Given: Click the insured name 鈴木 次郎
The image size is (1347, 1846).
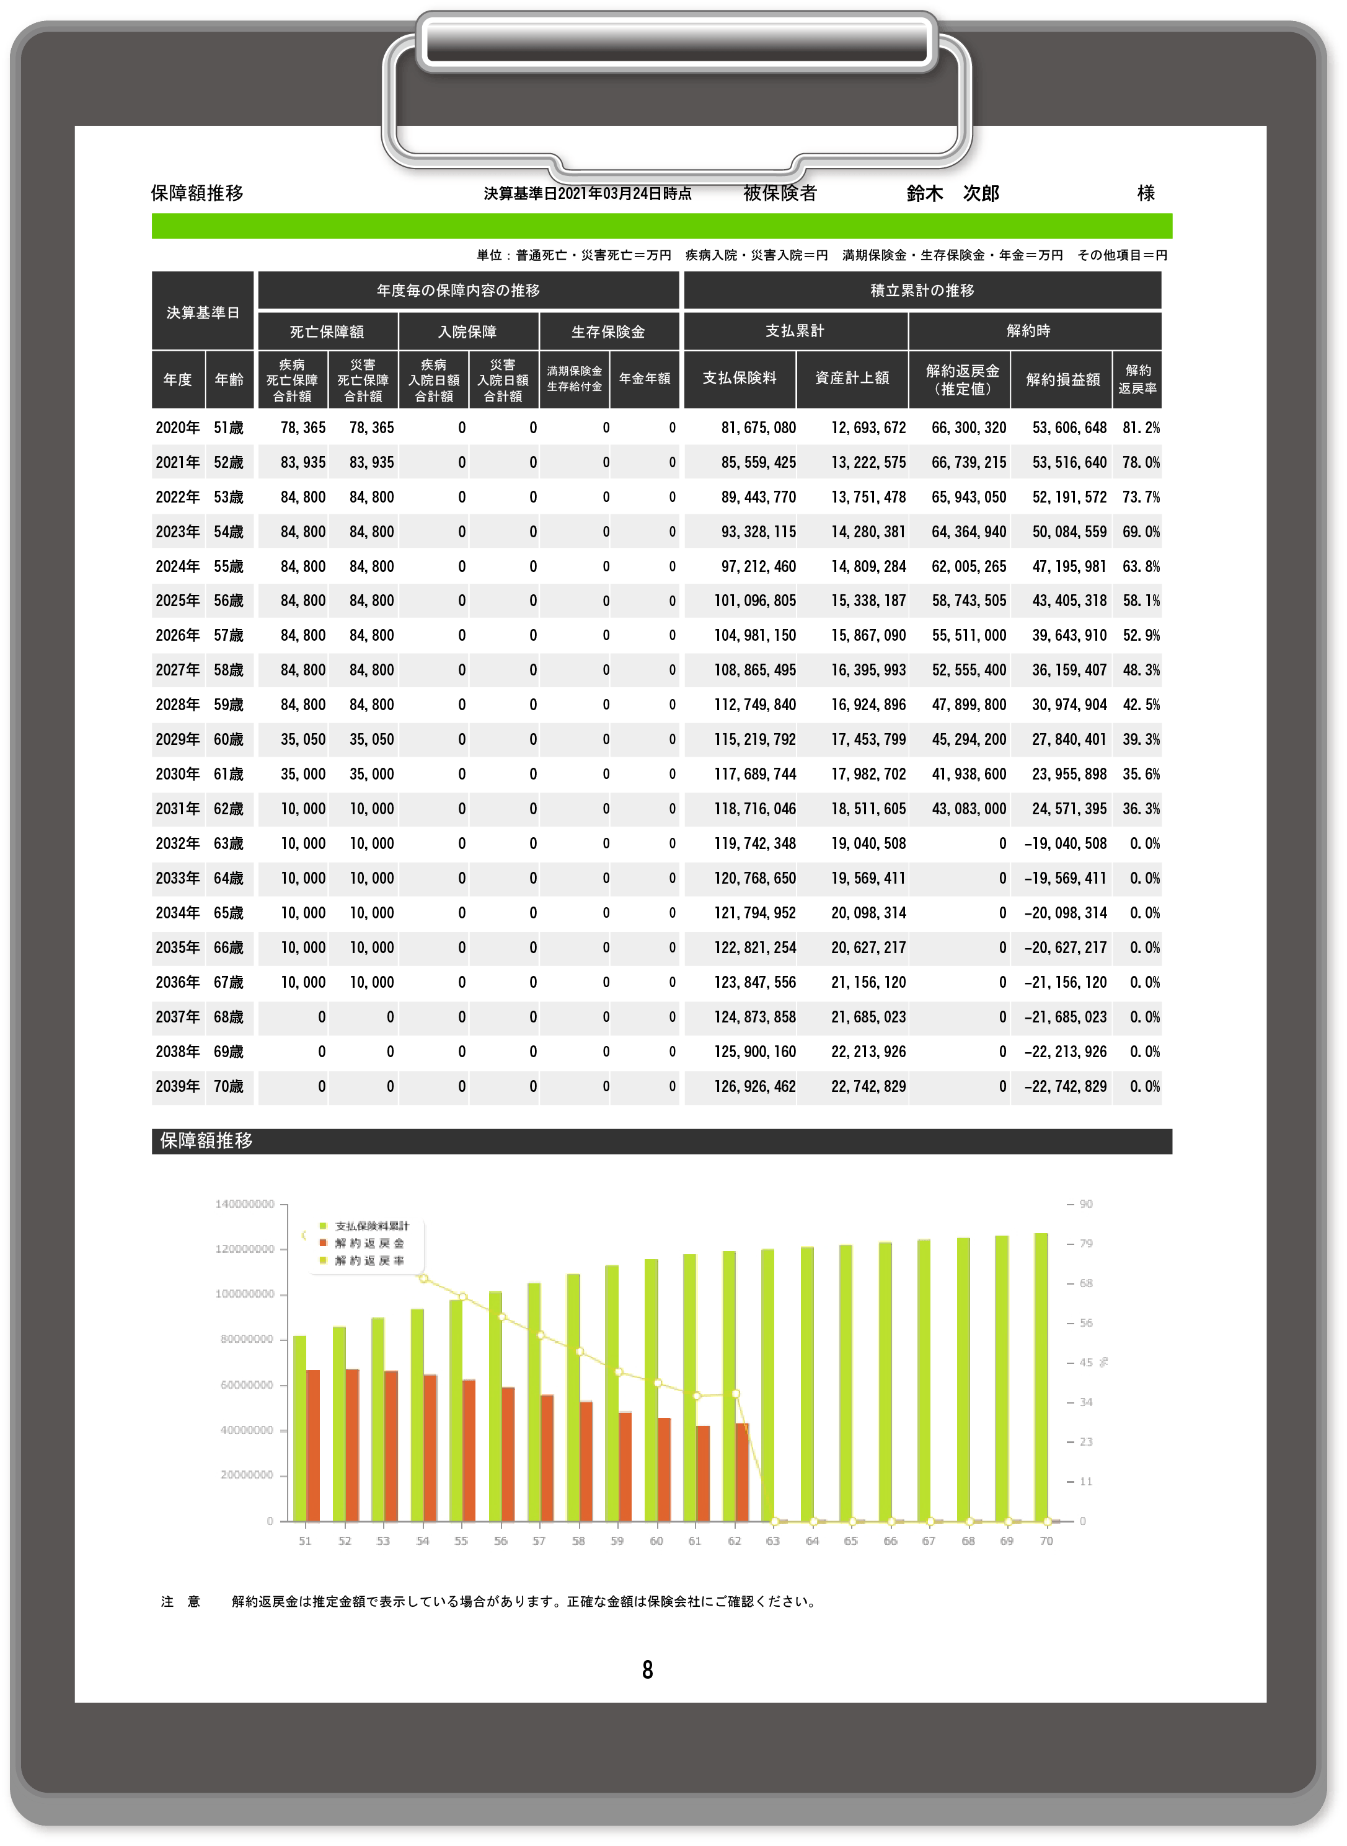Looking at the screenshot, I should tap(952, 193).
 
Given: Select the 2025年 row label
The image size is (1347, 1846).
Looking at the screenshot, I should tap(178, 600).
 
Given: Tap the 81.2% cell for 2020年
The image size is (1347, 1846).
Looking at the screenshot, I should tap(1141, 428).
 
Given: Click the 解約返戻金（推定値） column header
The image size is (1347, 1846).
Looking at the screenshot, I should tap(962, 380).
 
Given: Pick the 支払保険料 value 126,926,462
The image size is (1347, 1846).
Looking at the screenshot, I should tap(754, 1086).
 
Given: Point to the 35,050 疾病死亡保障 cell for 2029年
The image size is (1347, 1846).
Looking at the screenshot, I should tap(303, 739).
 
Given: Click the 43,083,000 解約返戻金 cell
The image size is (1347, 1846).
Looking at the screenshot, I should tap(969, 809).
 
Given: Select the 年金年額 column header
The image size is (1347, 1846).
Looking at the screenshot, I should tap(644, 379).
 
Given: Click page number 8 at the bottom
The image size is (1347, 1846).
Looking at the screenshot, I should tap(647, 1670).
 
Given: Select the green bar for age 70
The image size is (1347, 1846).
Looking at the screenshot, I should tap(1041, 1378).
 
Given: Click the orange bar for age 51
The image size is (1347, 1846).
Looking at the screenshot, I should tap(313, 1445).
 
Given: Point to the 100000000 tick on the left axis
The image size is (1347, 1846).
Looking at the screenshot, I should tap(245, 1294).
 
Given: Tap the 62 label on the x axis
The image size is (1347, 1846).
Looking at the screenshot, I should tap(735, 1541).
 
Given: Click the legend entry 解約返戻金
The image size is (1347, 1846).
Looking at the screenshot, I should tap(369, 1244).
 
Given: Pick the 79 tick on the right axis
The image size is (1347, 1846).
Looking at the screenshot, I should tap(1085, 1244).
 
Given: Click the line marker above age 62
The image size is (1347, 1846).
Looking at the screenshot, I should tap(735, 1394).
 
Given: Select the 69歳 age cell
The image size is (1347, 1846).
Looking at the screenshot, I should tap(228, 1052).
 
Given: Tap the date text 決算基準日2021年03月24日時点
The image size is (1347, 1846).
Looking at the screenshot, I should tap(587, 194).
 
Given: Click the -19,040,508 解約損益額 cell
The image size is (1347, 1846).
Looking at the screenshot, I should tap(1065, 843).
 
